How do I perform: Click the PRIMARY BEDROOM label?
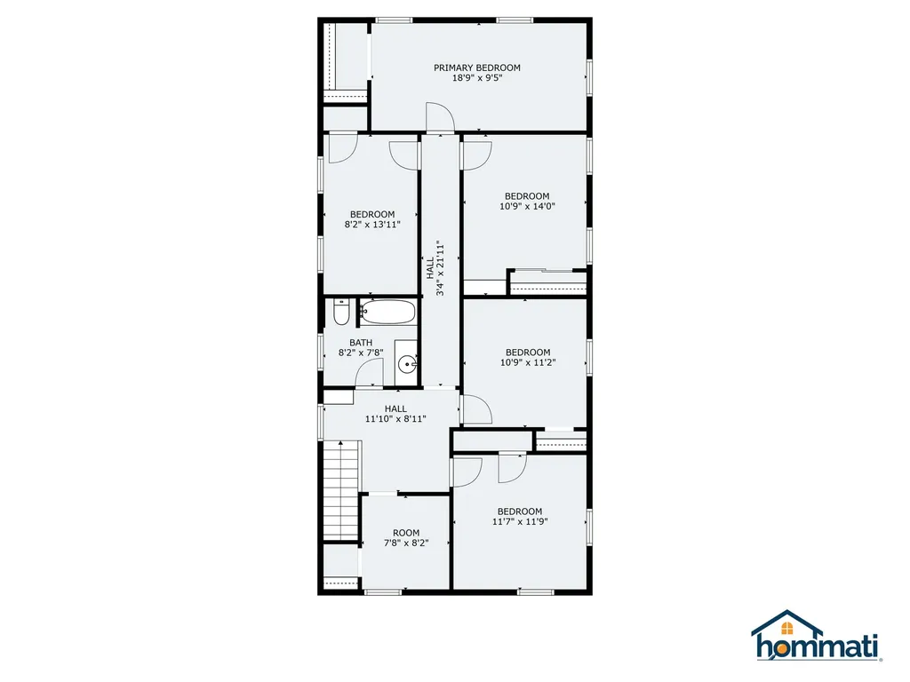point(477,67)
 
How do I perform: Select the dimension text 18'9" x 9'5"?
point(477,78)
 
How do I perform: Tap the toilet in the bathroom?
point(340,312)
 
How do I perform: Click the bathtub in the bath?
point(387,312)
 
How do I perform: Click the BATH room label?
point(361,343)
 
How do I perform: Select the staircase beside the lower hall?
point(341,490)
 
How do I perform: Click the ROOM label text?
point(406,533)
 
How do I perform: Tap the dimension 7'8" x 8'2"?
point(406,543)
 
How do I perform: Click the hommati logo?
point(817,636)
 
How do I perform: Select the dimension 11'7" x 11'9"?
point(520,521)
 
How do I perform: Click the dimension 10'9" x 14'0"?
point(527,206)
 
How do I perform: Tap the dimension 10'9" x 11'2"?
point(528,362)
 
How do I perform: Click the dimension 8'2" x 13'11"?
point(372,225)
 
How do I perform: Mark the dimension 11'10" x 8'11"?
point(395,419)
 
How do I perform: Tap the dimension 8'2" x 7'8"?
point(361,353)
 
